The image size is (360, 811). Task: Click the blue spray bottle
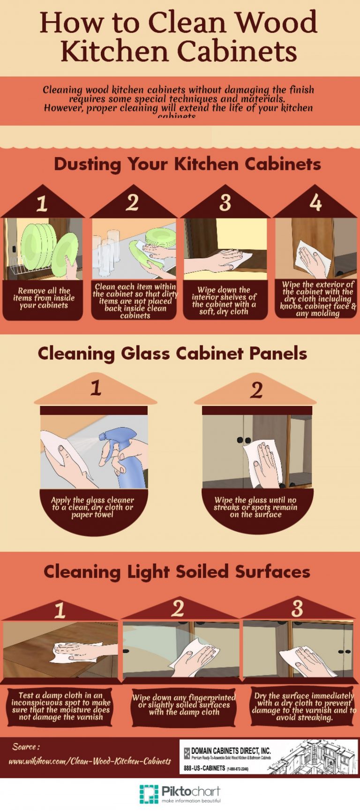coord(118,457)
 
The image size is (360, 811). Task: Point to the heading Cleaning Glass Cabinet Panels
coord(172,353)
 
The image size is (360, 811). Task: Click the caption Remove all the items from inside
coord(44,298)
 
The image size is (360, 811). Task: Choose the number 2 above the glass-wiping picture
coord(256,390)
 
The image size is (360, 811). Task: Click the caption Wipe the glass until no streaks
coord(255,507)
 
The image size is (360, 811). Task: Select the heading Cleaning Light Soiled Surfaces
coord(177,572)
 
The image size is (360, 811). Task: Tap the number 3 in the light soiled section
coord(297,608)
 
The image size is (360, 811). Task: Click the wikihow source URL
coord(90,761)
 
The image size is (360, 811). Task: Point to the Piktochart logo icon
coord(149,794)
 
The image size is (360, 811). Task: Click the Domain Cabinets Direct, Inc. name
coord(231,751)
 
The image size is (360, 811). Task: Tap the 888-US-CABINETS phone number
coord(204,768)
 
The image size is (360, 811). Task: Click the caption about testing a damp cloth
coord(61,706)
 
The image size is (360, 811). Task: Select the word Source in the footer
coord(25,747)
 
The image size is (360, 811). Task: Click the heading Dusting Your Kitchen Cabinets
coord(187,164)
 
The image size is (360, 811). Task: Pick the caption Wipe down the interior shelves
coord(224,300)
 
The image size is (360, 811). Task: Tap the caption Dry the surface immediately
coord(304,706)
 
